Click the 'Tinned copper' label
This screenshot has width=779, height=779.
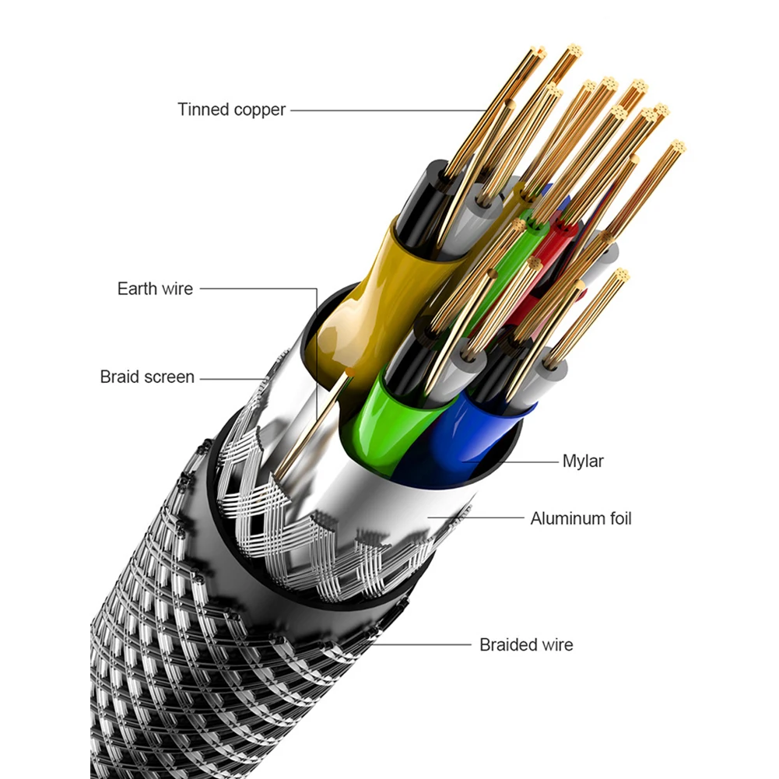[x=231, y=110]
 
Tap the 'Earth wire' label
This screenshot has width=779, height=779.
[x=155, y=289]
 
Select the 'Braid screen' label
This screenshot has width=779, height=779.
[x=147, y=377]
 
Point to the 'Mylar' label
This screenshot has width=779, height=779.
[x=583, y=461]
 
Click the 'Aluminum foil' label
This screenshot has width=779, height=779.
[x=581, y=518]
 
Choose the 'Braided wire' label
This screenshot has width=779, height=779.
[x=526, y=644]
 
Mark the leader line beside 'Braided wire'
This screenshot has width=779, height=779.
[x=420, y=644]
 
